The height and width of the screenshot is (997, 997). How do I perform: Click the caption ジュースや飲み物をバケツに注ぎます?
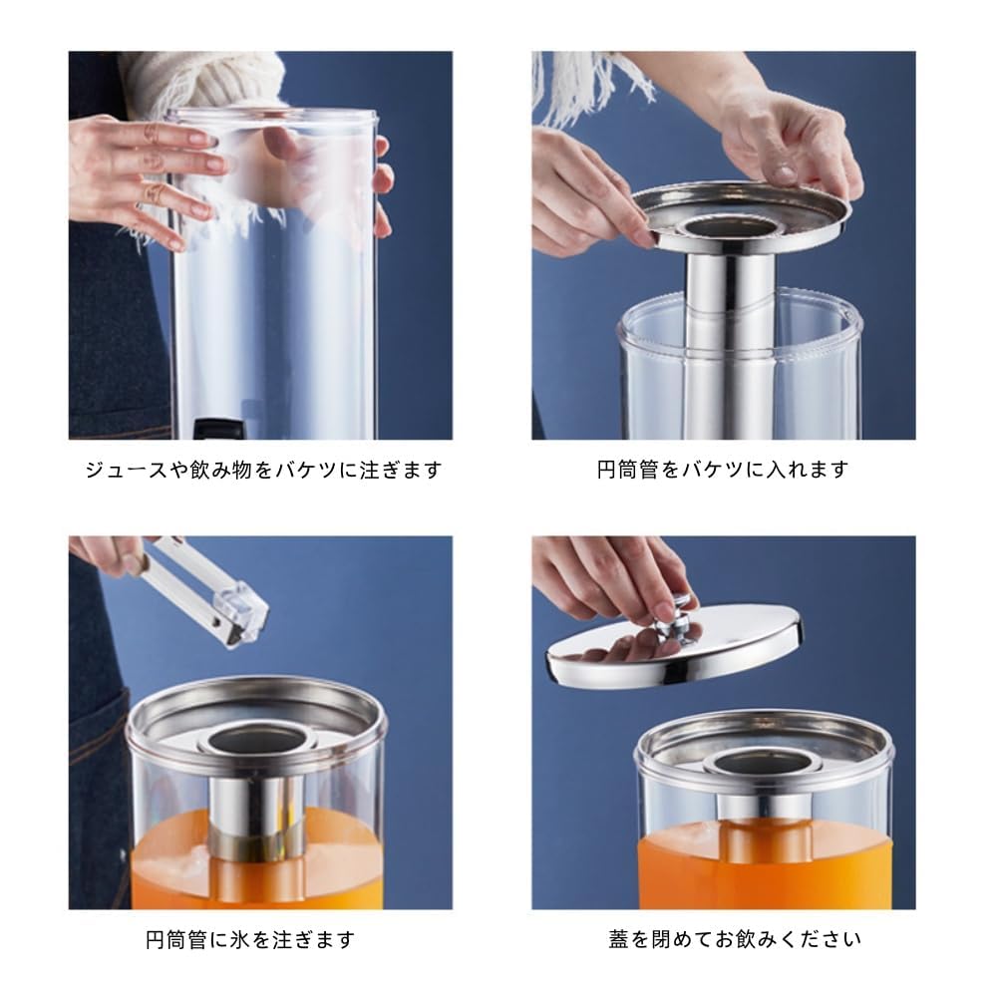(x=263, y=470)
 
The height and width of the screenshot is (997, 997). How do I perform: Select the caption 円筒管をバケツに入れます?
(x=723, y=470)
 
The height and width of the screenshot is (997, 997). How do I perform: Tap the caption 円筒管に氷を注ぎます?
(x=249, y=939)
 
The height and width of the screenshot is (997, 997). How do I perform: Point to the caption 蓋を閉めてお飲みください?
(x=735, y=939)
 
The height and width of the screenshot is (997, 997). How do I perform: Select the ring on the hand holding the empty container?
(x=153, y=193)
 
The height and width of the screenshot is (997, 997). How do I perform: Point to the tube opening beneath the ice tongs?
(x=255, y=739)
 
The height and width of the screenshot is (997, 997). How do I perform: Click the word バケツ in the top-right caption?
(x=721, y=470)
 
